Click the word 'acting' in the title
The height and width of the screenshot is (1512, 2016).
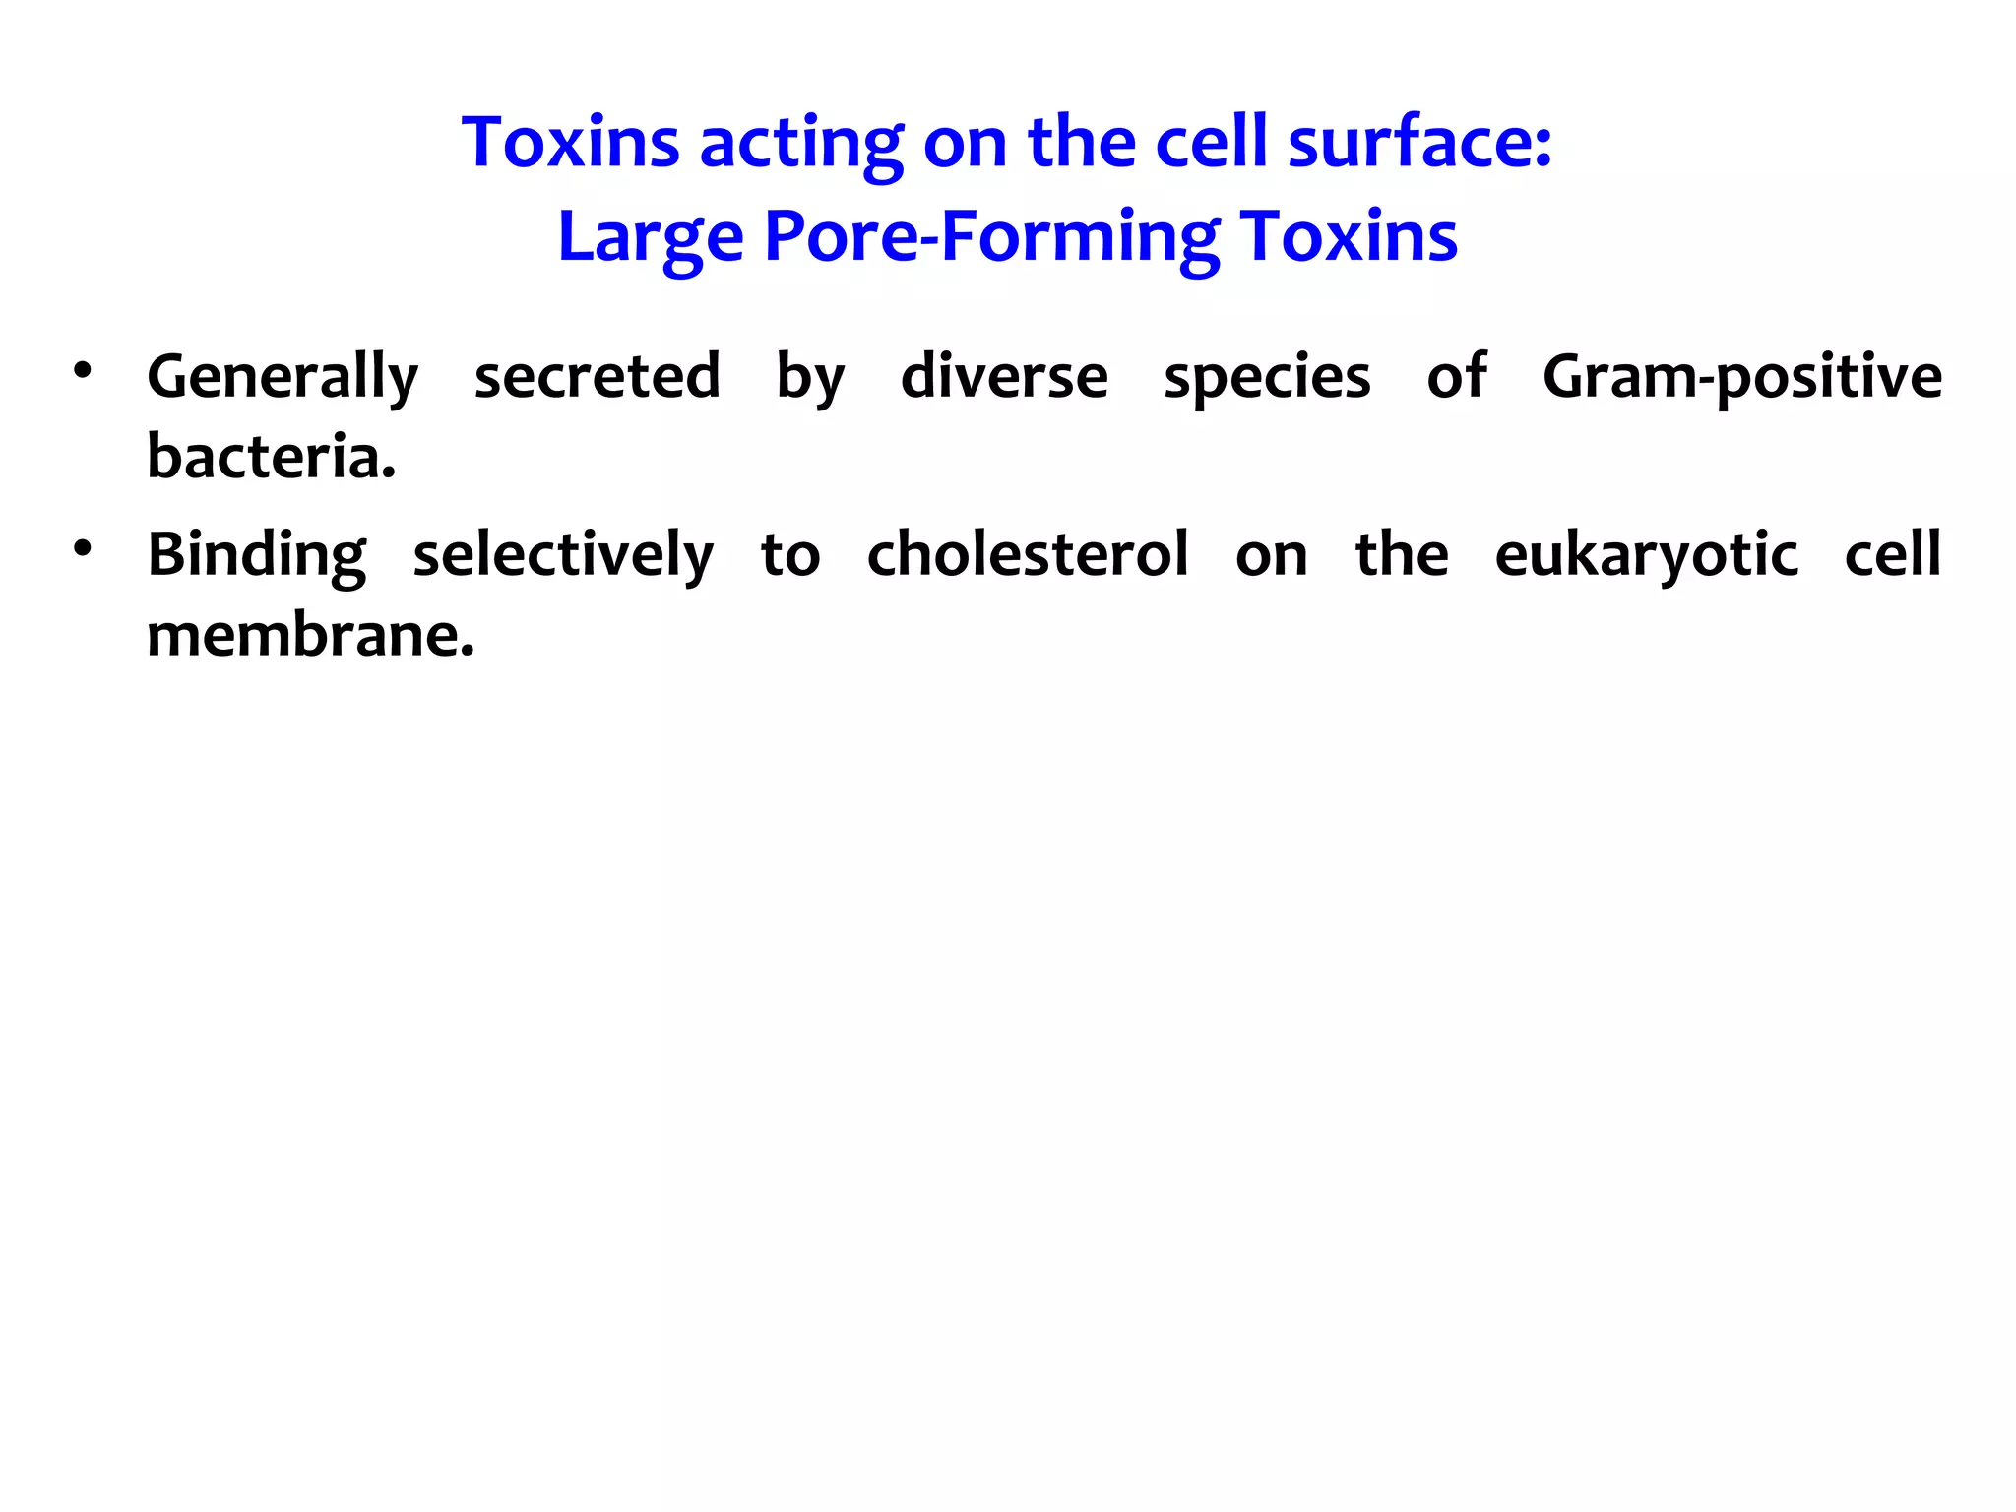pos(800,144)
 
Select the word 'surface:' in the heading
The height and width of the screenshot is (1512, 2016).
pos(1419,144)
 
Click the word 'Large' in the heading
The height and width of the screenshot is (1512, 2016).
pos(651,237)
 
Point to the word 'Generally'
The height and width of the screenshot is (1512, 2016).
pos(283,378)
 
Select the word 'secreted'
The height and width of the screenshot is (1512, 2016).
pos(597,376)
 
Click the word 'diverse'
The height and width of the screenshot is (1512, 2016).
pos(1004,376)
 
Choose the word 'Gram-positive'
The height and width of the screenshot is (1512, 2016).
pos(1741,378)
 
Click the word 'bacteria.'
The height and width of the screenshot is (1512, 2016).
pos(272,457)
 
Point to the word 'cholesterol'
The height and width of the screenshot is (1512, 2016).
pos(1028,554)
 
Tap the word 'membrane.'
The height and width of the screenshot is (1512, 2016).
pos(311,636)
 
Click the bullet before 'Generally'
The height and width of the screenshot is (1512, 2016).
pos(82,372)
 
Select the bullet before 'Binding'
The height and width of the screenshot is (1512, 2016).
pos(82,549)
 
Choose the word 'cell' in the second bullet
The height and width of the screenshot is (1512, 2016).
pos(1892,554)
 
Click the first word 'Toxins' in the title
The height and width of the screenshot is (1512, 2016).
pos(571,144)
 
